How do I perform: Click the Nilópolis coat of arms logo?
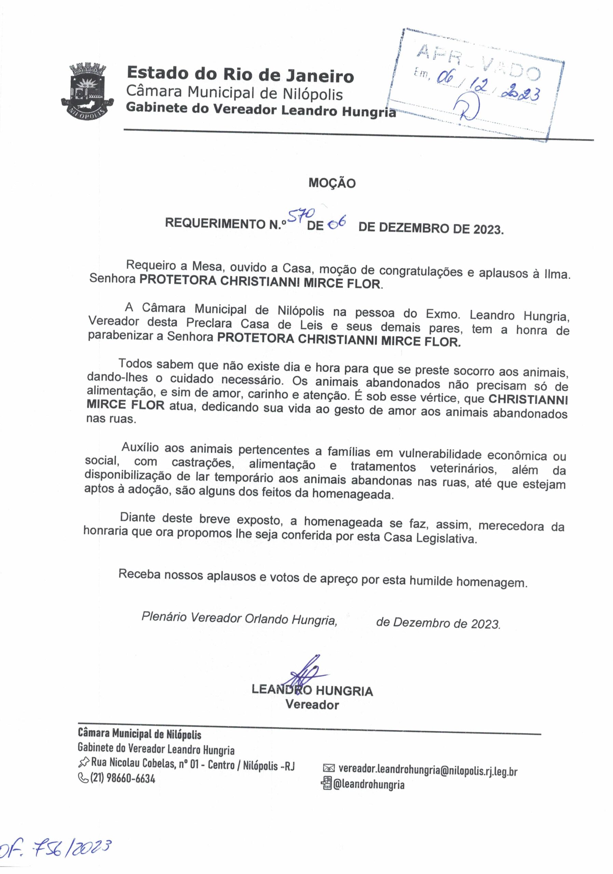[x=87, y=92]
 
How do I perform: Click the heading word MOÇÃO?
[x=332, y=183]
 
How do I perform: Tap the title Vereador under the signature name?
[x=312, y=705]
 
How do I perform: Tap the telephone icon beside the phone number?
[x=82, y=778]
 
